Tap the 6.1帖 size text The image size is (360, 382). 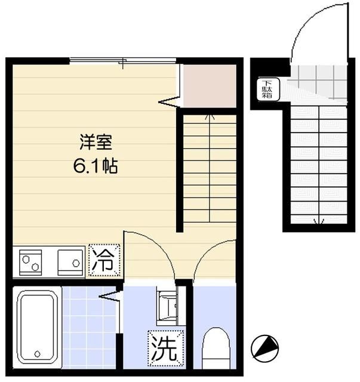click(x=96, y=165)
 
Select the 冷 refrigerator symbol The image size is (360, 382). click(x=104, y=261)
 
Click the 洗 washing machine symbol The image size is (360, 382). click(x=163, y=348)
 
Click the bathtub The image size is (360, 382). click(x=37, y=328)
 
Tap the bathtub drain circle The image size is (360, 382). click(x=37, y=353)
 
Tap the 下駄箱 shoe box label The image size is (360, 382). click(x=266, y=89)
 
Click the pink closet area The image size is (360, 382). click(x=209, y=87)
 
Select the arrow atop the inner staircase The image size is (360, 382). click(x=210, y=117)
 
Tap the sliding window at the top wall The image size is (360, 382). click(x=122, y=60)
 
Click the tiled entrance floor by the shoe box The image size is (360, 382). click(x=316, y=81)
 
